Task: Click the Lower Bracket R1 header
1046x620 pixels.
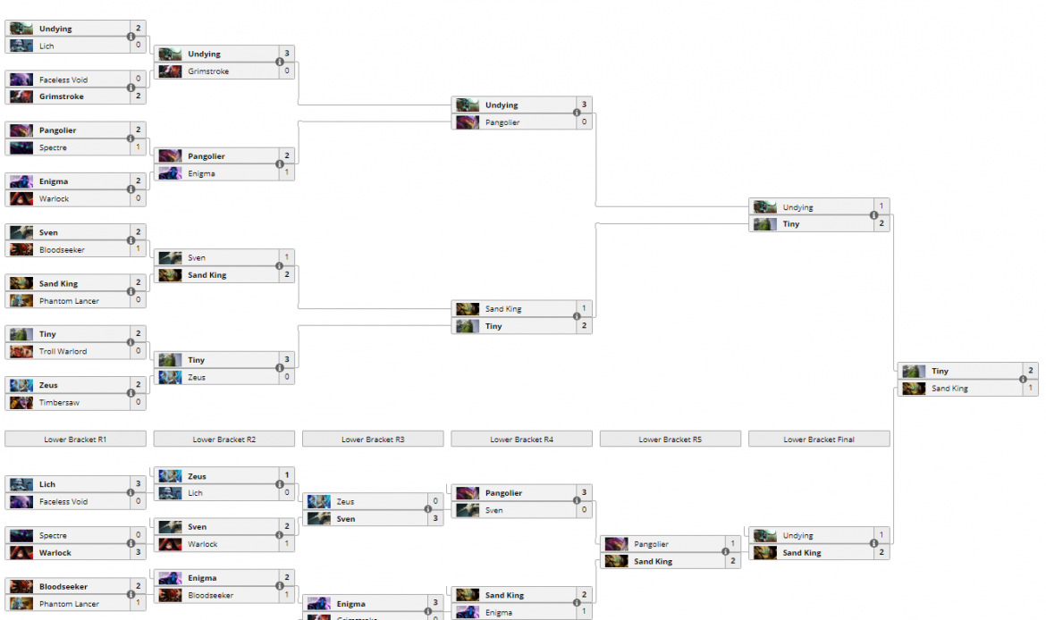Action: click(75, 440)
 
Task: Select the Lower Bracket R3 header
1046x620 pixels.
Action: click(373, 440)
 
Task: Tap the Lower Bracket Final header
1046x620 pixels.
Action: click(819, 440)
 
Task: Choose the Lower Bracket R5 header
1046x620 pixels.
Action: click(671, 440)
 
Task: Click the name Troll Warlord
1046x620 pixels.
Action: click(63, 352)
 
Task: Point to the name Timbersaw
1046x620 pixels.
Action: click(59, 403)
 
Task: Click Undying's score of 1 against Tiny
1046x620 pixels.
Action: click(882, 207)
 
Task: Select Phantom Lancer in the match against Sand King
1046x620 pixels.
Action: click(69, 301)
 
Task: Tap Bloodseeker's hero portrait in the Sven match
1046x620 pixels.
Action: click(21, 250)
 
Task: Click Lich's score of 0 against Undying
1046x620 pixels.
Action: click(139, 46)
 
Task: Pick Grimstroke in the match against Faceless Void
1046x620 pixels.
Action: click(60, 96)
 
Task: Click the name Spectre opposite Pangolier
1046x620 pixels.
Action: click(53, 148)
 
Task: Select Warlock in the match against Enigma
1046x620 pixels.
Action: click(54, 199)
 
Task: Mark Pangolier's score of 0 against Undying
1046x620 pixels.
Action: click(584, 122)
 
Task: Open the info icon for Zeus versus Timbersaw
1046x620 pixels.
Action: click(131, 394)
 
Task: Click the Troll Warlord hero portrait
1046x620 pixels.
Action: click(21, 352)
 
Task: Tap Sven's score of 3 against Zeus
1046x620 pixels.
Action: click(435, 519)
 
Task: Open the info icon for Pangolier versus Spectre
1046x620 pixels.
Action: click(131, 139)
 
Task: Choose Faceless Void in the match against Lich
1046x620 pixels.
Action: click(63, 502)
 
